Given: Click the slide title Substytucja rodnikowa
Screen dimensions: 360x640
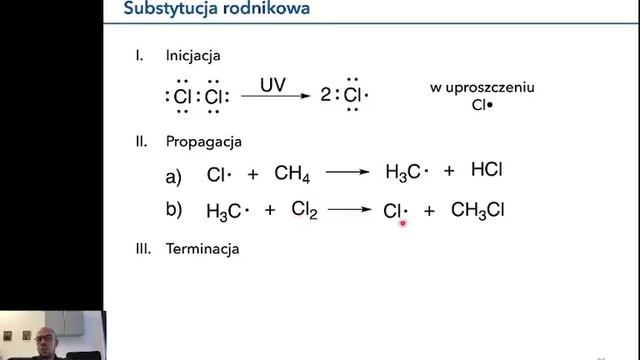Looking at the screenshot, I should pyautogui.click(x=216, y=10).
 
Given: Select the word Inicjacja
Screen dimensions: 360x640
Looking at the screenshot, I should pyautogui.click(x=192, y=55).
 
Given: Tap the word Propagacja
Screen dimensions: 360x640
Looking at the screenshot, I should pyautogui.click(x=204, y=141).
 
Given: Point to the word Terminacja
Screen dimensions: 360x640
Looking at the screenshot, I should pyautogui.click(x=203, y=247).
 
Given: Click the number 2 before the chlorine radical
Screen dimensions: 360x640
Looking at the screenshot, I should pyautogui.click(x=327, y=97).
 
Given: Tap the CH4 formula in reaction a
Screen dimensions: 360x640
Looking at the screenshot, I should pyautogui.click(x=292, y=174).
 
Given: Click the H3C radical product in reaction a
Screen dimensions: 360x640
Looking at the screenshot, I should pyautogui.click(x=406, y=173).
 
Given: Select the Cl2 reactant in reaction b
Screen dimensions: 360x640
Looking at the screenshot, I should pyautogui.click(x=304, y=210).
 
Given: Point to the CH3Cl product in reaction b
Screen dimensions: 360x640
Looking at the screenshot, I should pyautogui.click(x=484, y=211).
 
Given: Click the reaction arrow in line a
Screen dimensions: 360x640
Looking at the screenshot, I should pyautogui.click(x=347, y=173).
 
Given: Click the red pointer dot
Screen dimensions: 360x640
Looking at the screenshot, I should pyautogui.click(x=403, y=224).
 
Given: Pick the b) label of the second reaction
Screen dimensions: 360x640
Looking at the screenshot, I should pyautogui.click(x=174, y=210).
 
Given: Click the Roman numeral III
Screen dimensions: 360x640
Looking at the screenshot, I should pyautogui.click(x=142, y=247).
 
